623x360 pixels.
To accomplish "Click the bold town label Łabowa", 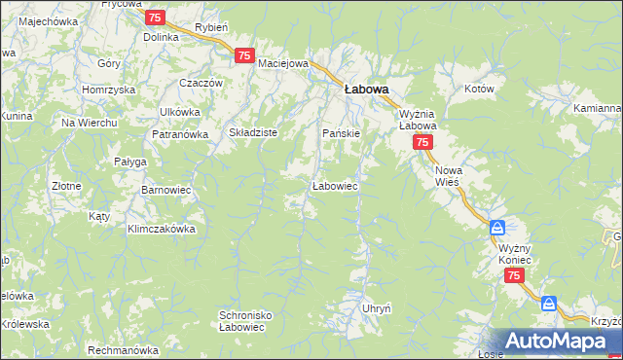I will (366, 89).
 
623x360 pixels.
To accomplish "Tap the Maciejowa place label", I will (283, 64).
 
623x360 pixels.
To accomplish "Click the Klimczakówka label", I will (162, 230).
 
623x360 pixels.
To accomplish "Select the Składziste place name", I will (253, 132).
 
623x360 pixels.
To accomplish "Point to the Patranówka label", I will (179, 135).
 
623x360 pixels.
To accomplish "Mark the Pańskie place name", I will (342, 132).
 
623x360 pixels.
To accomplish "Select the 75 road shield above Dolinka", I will (154, 18).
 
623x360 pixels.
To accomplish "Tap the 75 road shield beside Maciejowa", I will (244, 56).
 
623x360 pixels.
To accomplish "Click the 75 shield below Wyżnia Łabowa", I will (421, 142).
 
